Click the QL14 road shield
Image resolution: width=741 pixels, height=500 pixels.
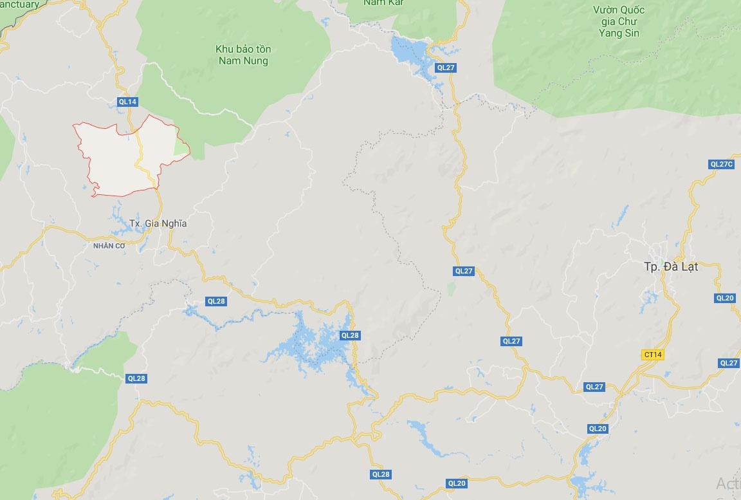[128, 101]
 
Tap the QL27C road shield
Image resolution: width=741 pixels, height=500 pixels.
[722, 164]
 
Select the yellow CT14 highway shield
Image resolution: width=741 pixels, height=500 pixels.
[652, 355]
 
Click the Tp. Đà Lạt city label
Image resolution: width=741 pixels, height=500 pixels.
[671, 266]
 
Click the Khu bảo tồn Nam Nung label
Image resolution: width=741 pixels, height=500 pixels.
[243, 55]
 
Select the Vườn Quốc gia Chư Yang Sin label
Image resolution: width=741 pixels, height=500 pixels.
[619, 22]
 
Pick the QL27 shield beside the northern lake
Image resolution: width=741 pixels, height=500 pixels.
[445, 68]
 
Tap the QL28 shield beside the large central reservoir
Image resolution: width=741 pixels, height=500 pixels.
[351, 335]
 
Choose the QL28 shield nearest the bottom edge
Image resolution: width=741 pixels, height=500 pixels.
[381, 474]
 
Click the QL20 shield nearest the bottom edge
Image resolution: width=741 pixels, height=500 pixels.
[457, 483]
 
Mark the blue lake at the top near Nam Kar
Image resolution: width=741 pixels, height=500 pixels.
[409, 51]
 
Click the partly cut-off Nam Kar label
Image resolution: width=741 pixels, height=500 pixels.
[383, 3]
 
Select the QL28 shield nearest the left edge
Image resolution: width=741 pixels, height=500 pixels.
[136, 378]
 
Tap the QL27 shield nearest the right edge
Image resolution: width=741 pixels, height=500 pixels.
[729, 363]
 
